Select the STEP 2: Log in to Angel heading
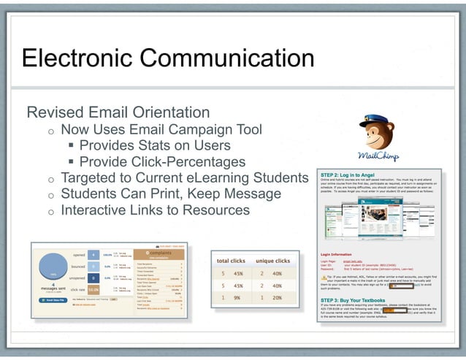click(x=353, y=175)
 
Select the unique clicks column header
click(x=274, y=260)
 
